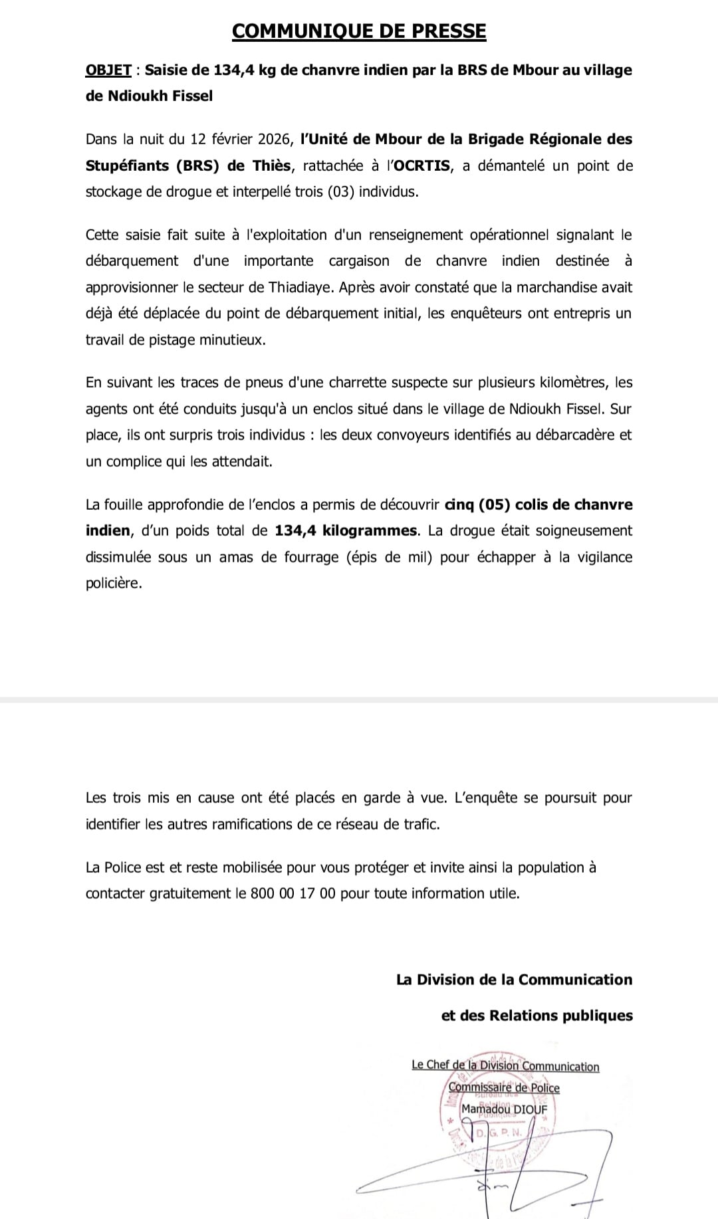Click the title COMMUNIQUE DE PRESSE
pos(359,31)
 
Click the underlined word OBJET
pos(108,70)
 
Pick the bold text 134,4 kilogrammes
pos(346,531)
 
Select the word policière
pos(114,584)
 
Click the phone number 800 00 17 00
pos(293,893)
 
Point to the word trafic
pos(420,824)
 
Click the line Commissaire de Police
pos(504,1088)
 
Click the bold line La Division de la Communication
pos(514,980)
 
